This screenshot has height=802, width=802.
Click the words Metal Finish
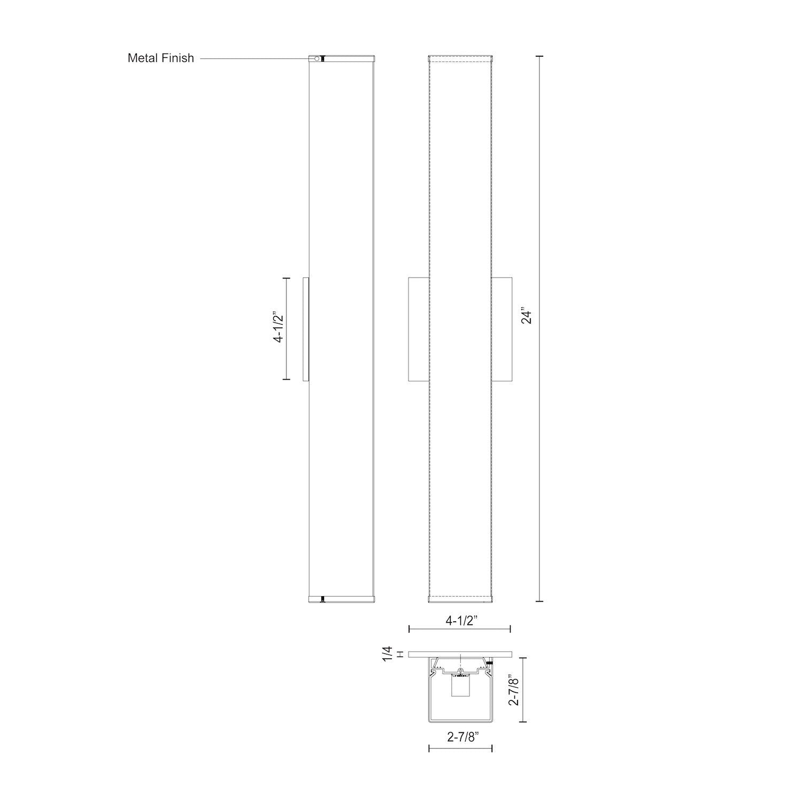(x=160, y=58)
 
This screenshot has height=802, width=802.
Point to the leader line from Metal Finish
(x=254, y=58)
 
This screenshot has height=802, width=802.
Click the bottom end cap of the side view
(x=342, y=598)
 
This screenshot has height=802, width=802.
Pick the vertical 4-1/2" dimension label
(x=278, y=327)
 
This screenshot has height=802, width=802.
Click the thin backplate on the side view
(x=306, y=329)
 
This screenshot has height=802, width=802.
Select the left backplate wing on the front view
(x=418, y=329)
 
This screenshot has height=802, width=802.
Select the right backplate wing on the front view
(x=502, y=329)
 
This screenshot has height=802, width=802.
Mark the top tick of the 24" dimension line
(x=539, y=56)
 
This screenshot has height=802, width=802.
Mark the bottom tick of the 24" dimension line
(x=539, y=601)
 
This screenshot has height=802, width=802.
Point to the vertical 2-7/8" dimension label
(x=514, y=690)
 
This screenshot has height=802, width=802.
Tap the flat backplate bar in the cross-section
(x=460, y=654)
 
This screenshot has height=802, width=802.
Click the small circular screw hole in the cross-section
(x=460, y=670)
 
